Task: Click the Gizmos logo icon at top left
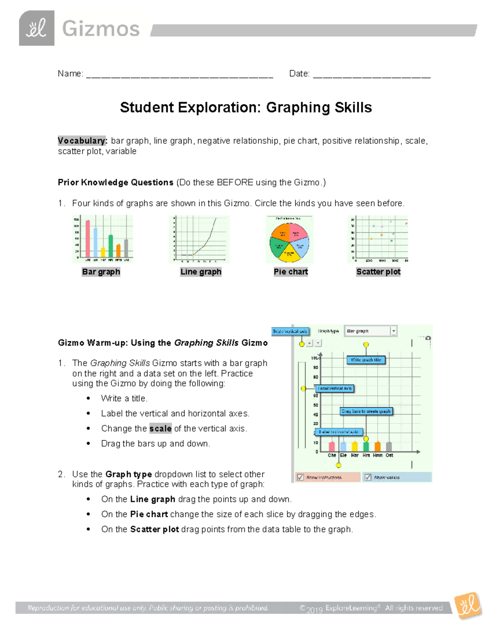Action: [x=36, y=28]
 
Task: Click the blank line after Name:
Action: [x=179, y=75]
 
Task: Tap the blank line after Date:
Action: [x=371, y=75]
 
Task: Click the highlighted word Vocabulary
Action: [x=82, y=141]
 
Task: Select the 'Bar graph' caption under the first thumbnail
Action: [x=101, y=272]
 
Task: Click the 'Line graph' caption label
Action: [x=201, y=272]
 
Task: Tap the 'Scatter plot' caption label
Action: [x=378, y=272]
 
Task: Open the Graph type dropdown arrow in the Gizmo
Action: [x=393, y=331]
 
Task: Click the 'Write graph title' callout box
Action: [x=366, y=360]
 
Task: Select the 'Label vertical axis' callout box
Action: [x=335, y=388]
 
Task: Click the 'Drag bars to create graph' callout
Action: [x=366, y=411]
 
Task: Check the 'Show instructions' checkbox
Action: [x=301, y=477]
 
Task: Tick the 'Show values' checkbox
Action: [x=368, y=477]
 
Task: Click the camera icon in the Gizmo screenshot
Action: [x=428, y=338]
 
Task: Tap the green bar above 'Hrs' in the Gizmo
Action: [x=366, y=446]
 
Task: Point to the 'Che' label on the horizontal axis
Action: [x=332, y=455]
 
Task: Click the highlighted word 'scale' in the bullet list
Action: [x=160, y=429]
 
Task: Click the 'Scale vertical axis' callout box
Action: [x=290, y=331]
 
